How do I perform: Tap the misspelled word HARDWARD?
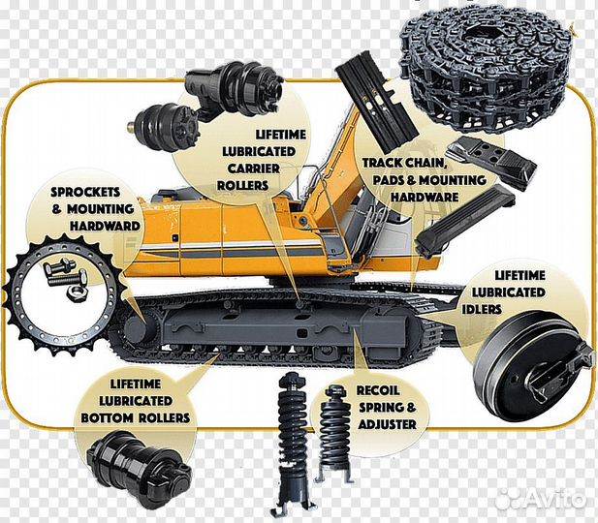[106, 227]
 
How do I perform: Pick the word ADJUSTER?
[386, 424]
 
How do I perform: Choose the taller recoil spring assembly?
[291, 436]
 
